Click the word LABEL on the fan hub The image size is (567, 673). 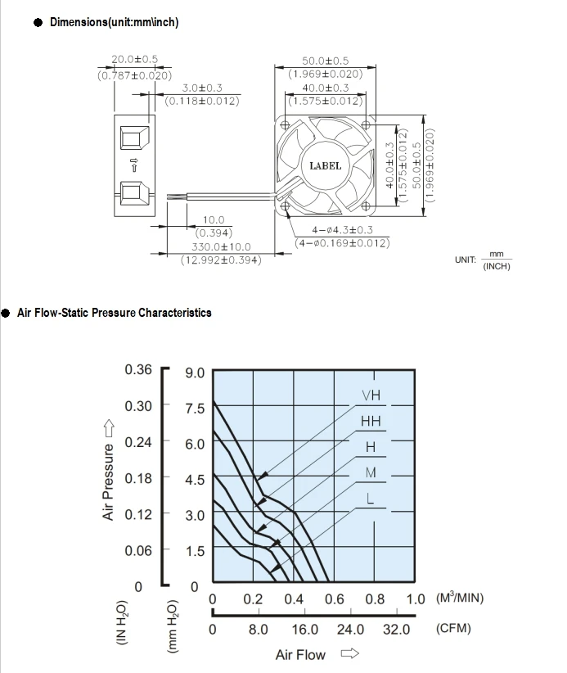point(325,166)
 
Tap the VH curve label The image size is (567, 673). point(371,396)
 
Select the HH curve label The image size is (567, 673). point(371,422)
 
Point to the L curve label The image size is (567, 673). point(371,499)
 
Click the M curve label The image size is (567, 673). point(371,473)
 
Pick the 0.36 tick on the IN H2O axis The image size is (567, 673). point(138,369)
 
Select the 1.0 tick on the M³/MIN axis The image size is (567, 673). point(416,599)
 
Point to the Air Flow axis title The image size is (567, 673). point(300,654)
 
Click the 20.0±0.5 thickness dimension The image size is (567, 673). point(135,60)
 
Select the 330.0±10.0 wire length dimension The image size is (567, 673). point(221,246)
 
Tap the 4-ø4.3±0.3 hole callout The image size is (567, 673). point(342,230)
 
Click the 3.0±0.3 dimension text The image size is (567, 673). point(201,88)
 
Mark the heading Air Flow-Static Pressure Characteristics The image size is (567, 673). point(114,313)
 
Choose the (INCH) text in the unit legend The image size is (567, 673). point(497,266)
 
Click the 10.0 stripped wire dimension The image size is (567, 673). point(214,219)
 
